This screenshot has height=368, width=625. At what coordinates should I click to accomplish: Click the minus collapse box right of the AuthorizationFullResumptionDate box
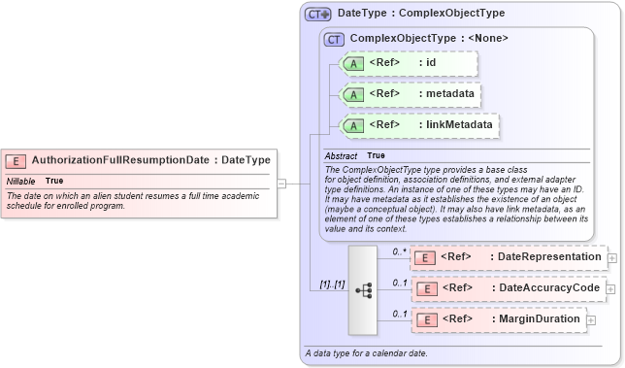[281, 182]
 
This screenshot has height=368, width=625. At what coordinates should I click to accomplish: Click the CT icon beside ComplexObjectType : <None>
[335, 39]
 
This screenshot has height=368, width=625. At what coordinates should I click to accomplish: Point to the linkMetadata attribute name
[462, 125]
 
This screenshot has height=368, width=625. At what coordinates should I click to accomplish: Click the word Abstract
[341, 156]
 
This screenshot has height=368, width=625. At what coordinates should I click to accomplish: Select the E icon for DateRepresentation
[423, 257]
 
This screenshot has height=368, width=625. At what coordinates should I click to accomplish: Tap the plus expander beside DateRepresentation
[612, 258]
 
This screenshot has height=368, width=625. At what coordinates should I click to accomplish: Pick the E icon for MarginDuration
[423, 319]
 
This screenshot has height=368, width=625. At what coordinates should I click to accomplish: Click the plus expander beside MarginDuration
[591, 320]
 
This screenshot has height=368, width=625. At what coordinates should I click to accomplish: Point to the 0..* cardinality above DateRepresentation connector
[398, 251]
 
